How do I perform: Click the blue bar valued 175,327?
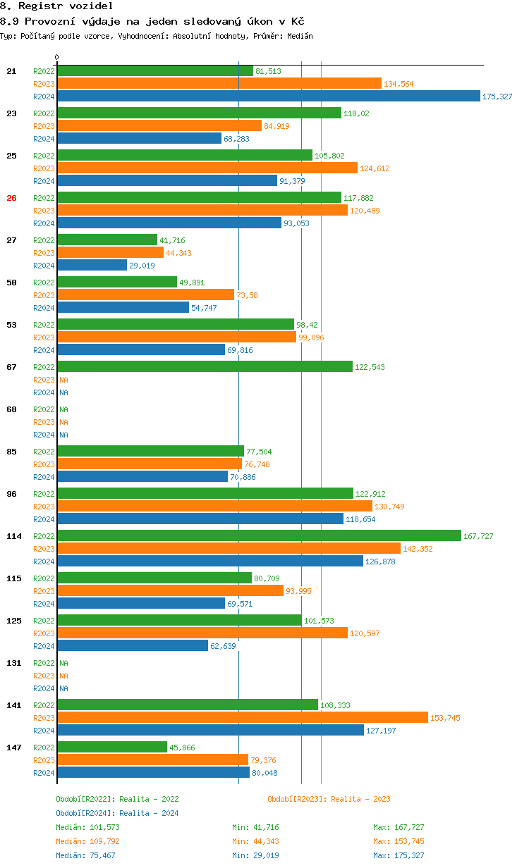[x=268, y=97]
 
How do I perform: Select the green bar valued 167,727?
[x=259, y=536]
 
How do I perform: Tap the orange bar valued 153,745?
[x=243, y=717]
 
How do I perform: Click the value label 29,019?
[x=142, y=266]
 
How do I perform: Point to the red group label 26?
[x=11, y=198]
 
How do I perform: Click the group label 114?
[x=14, y=536]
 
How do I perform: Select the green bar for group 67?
[x=205, y=367]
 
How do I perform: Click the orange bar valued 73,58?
[x=145, y=295]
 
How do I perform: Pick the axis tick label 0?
[x=57, y=57]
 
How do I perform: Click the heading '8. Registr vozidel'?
[x=56, y=6]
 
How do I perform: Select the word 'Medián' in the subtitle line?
[x=300, y=36]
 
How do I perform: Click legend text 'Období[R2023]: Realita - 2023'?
[x=329, y=799]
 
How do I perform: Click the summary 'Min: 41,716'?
[x=257, y=827]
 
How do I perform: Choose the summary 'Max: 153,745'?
[x=399, y=841]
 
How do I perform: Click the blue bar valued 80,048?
[x=153, y=773]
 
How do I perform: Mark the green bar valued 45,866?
[x=112, y=748]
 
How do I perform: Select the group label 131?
[x=14, y=663]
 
